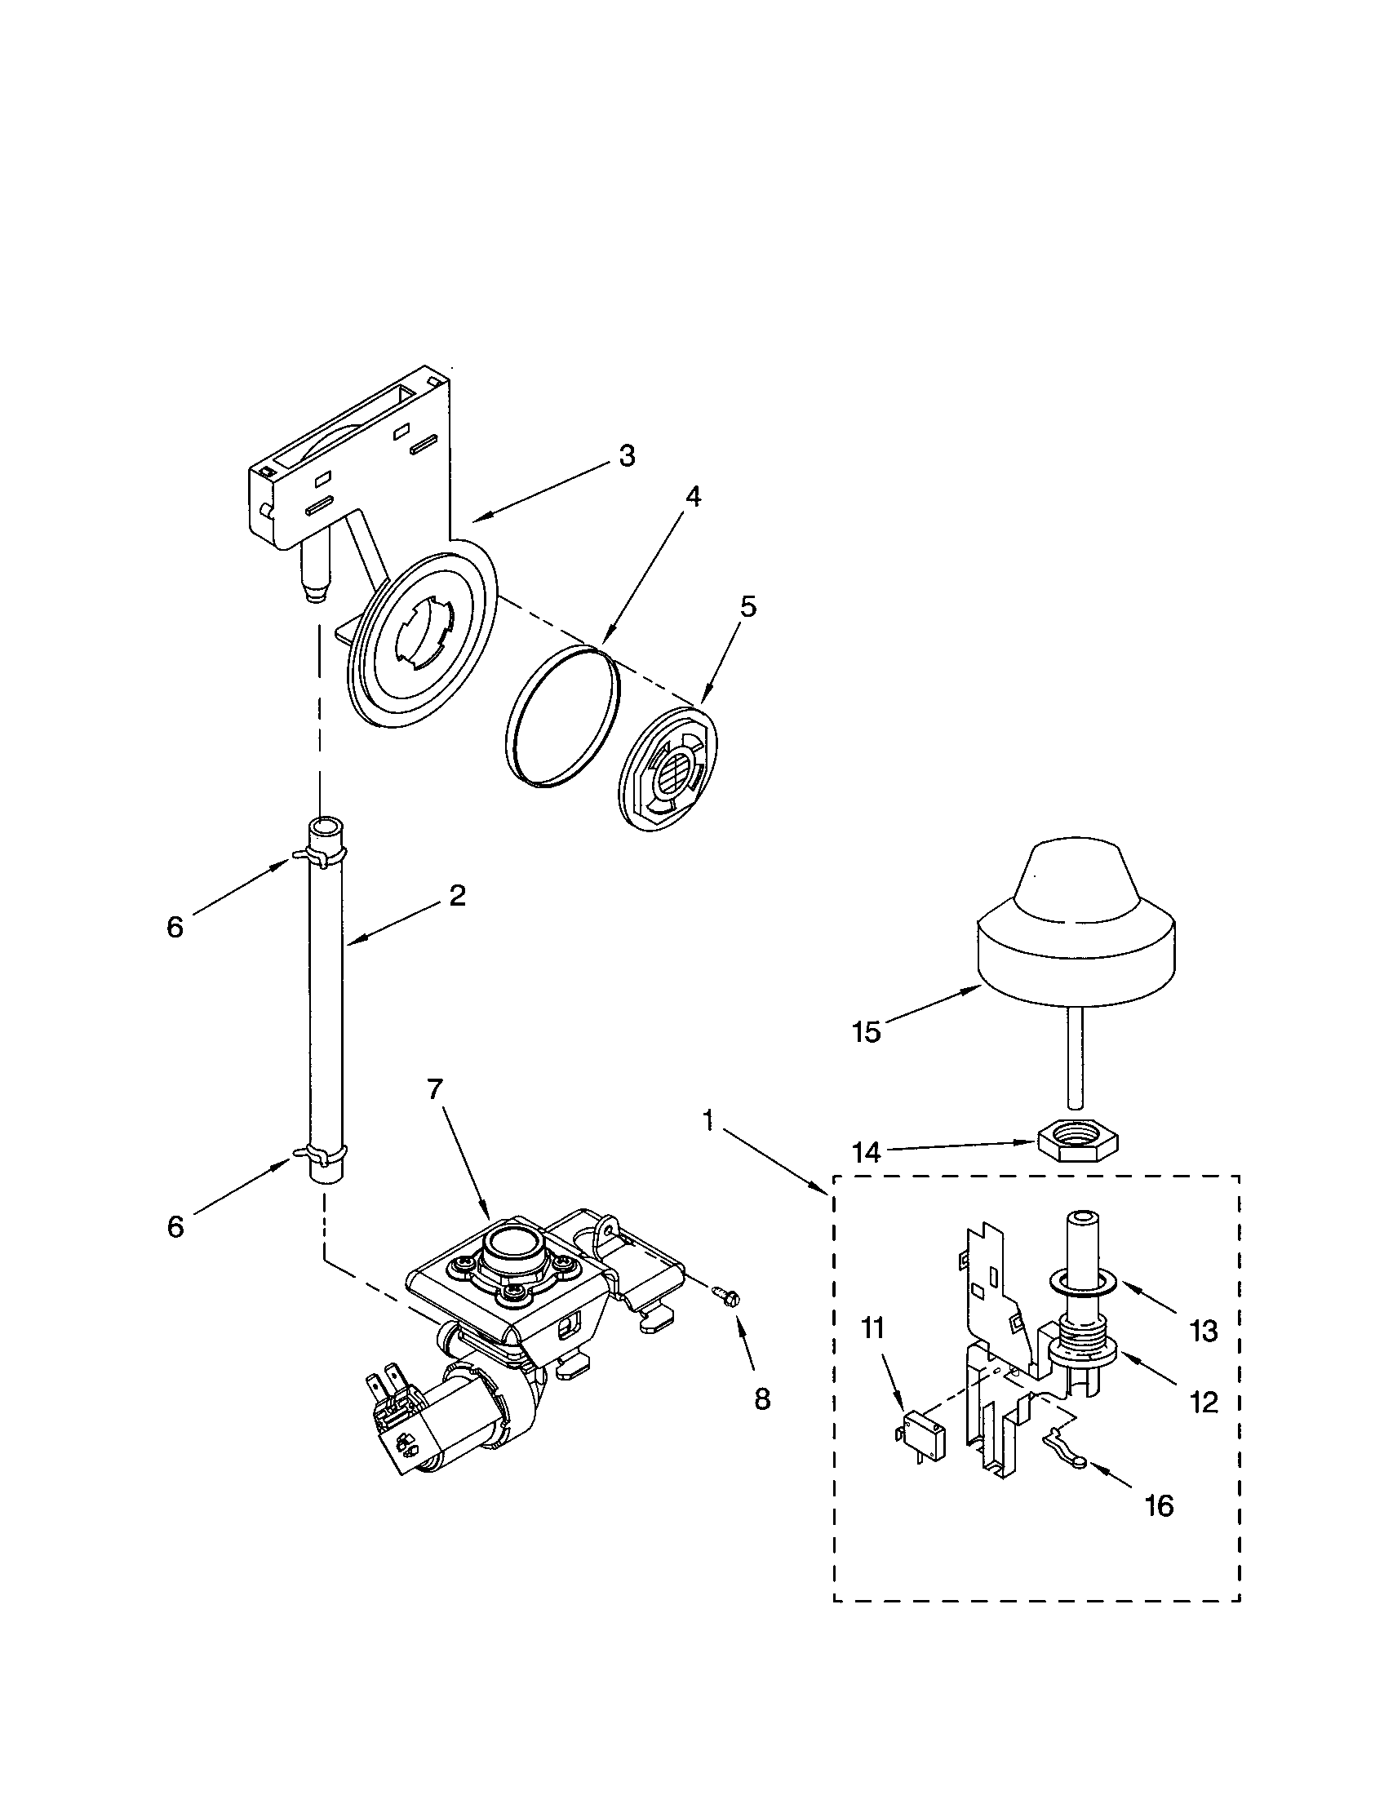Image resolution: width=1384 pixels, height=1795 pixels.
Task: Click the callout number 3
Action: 626,456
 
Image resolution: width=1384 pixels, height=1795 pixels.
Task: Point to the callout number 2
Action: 457,895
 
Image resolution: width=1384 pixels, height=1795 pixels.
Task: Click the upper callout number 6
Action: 175,927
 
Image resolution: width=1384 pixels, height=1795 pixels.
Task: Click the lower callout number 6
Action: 175,1227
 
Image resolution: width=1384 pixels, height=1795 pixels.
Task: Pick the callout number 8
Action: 762,1398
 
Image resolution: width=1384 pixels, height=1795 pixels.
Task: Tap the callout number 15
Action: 866,1031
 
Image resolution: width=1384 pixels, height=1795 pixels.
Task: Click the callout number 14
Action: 866,1153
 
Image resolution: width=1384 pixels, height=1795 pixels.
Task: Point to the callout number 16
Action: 1160,1505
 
